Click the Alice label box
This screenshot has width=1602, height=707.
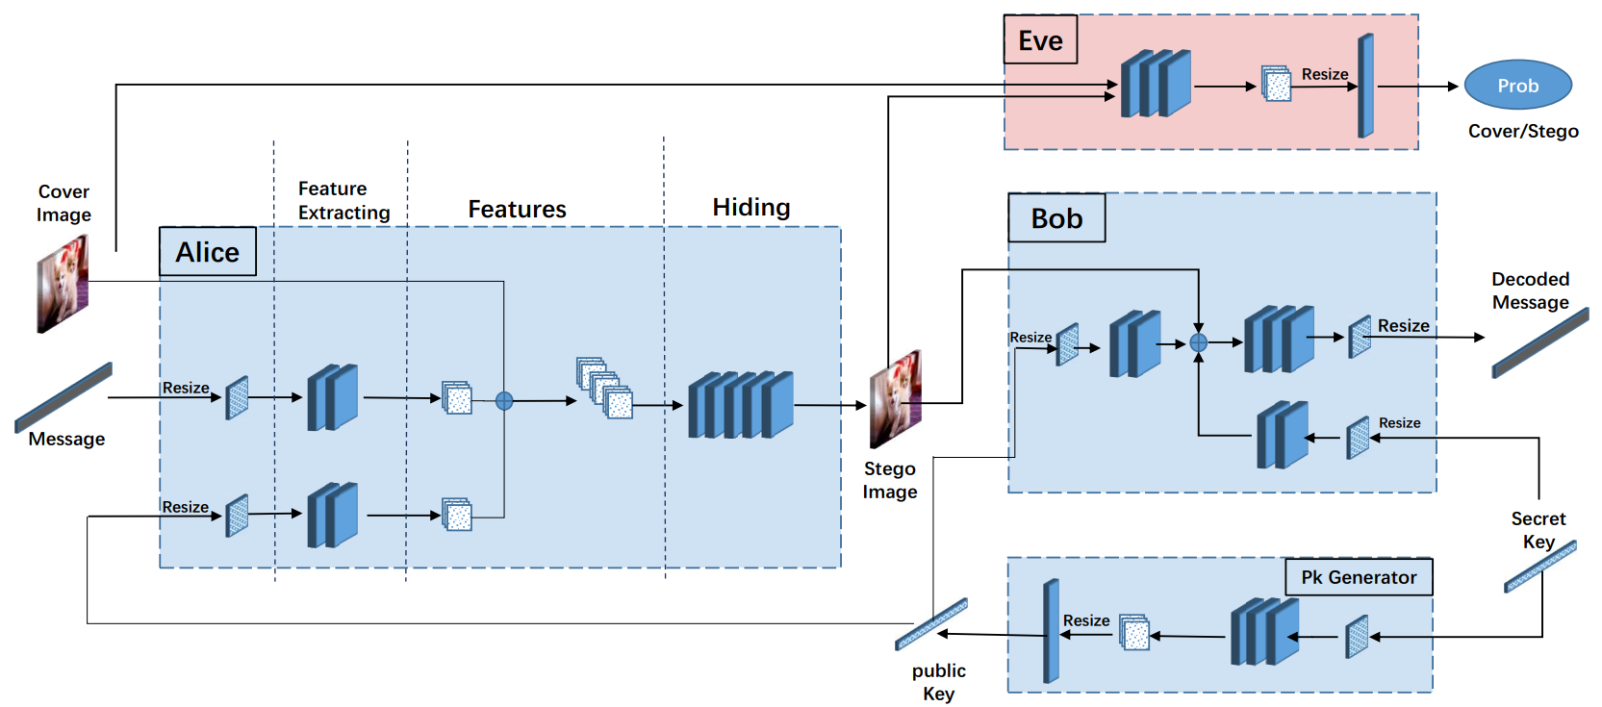(207, 252)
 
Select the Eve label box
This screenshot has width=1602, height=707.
(1040, 40)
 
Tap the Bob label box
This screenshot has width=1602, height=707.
(1056, 218)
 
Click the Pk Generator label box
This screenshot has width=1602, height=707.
(1359, 577)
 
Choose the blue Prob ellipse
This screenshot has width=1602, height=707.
(1517, 86)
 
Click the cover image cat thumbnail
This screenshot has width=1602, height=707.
(63, 285)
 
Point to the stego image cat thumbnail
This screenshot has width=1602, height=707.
(895, 398)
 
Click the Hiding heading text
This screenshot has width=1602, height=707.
(750, 207)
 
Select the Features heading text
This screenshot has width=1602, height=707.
(517, 209)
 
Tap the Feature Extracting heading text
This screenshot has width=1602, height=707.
(343, 200)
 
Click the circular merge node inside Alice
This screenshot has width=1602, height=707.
(504, 401)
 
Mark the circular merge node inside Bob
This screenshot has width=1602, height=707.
(1199, 342)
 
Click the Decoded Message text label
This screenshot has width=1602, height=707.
(1530, 290)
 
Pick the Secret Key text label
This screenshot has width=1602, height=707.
(1538, 529)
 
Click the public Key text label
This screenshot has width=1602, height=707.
(938, 681)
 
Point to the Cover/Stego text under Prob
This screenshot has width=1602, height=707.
(1522, 131)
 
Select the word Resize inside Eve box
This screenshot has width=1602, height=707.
(1324, 74)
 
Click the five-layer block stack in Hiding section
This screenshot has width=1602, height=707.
(740, 405)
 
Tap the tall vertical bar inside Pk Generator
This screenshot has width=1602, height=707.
(1051, 631)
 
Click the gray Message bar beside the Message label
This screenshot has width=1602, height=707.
(64, 397)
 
